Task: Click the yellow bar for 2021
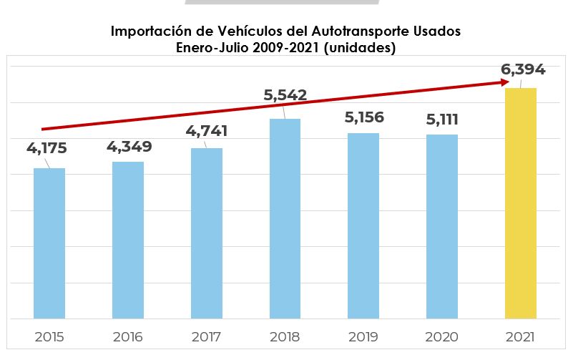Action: click(x=521, y=203)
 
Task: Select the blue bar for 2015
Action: click(x=49, y=243)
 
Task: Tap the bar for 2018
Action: click(x=285, y=218)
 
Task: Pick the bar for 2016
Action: click(x=128, y=240)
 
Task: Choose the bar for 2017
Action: click(x=207, y=233)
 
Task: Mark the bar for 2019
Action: click(x=363, y=225)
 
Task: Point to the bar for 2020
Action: click(x=442, y=226)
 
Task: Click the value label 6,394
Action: click(x=523, y=69)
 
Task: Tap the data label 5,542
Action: click(x=285, y=94)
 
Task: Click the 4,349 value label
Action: click(x=129, y=147)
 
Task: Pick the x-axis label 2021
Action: click(x=521, y=336)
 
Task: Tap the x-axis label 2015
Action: click(x=49, y=336)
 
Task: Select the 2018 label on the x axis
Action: click(x=285, y=336)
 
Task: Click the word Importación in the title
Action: click(x=153, y=32)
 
